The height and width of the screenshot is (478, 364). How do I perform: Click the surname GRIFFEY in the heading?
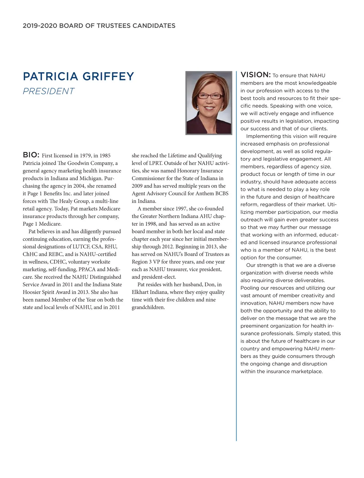click(108, 76)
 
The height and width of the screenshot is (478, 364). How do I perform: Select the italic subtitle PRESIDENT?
click(49, 91)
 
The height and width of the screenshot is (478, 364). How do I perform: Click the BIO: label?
click(31, 155)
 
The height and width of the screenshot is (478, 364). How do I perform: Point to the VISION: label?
click(255, 75)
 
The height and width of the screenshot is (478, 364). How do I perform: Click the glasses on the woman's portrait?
click(209, 96)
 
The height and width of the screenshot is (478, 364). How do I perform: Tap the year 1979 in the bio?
click(86, 156)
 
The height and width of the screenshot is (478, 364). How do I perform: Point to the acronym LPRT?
click(156, 163)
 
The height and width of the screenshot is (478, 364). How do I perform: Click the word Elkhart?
click(141, 292)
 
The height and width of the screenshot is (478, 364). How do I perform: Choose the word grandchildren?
click(148, 307)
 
